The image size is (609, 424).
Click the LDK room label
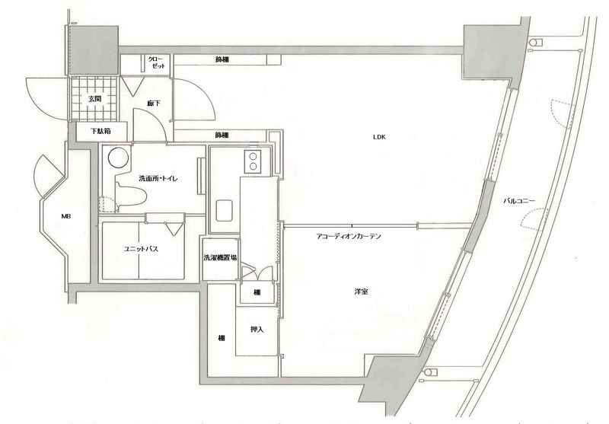[x=379, y=137]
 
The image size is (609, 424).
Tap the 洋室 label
[x=361, y=292]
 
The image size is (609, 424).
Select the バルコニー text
[x=519, y=201]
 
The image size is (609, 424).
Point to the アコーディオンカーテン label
[x=349, y=236]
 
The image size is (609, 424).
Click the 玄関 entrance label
[x=94, y=99]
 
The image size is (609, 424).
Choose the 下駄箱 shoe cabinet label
[x=101, y=131]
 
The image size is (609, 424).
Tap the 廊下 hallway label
[x=154, y=104]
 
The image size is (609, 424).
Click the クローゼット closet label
[x=158, y=62]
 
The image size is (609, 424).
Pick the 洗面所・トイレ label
[x=158, y=179]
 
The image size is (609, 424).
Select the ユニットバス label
[x=141, y=249]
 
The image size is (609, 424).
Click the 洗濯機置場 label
[x=221, y=257]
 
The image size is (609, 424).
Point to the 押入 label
[x=257, y=330]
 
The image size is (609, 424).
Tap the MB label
[x=65, y=217]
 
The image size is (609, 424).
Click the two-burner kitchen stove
[x=253, y=161]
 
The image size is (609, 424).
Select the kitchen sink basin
[x=224, y=211]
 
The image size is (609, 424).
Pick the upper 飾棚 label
[x=222, y=60]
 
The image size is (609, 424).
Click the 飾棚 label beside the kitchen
[x=222, y=135]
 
